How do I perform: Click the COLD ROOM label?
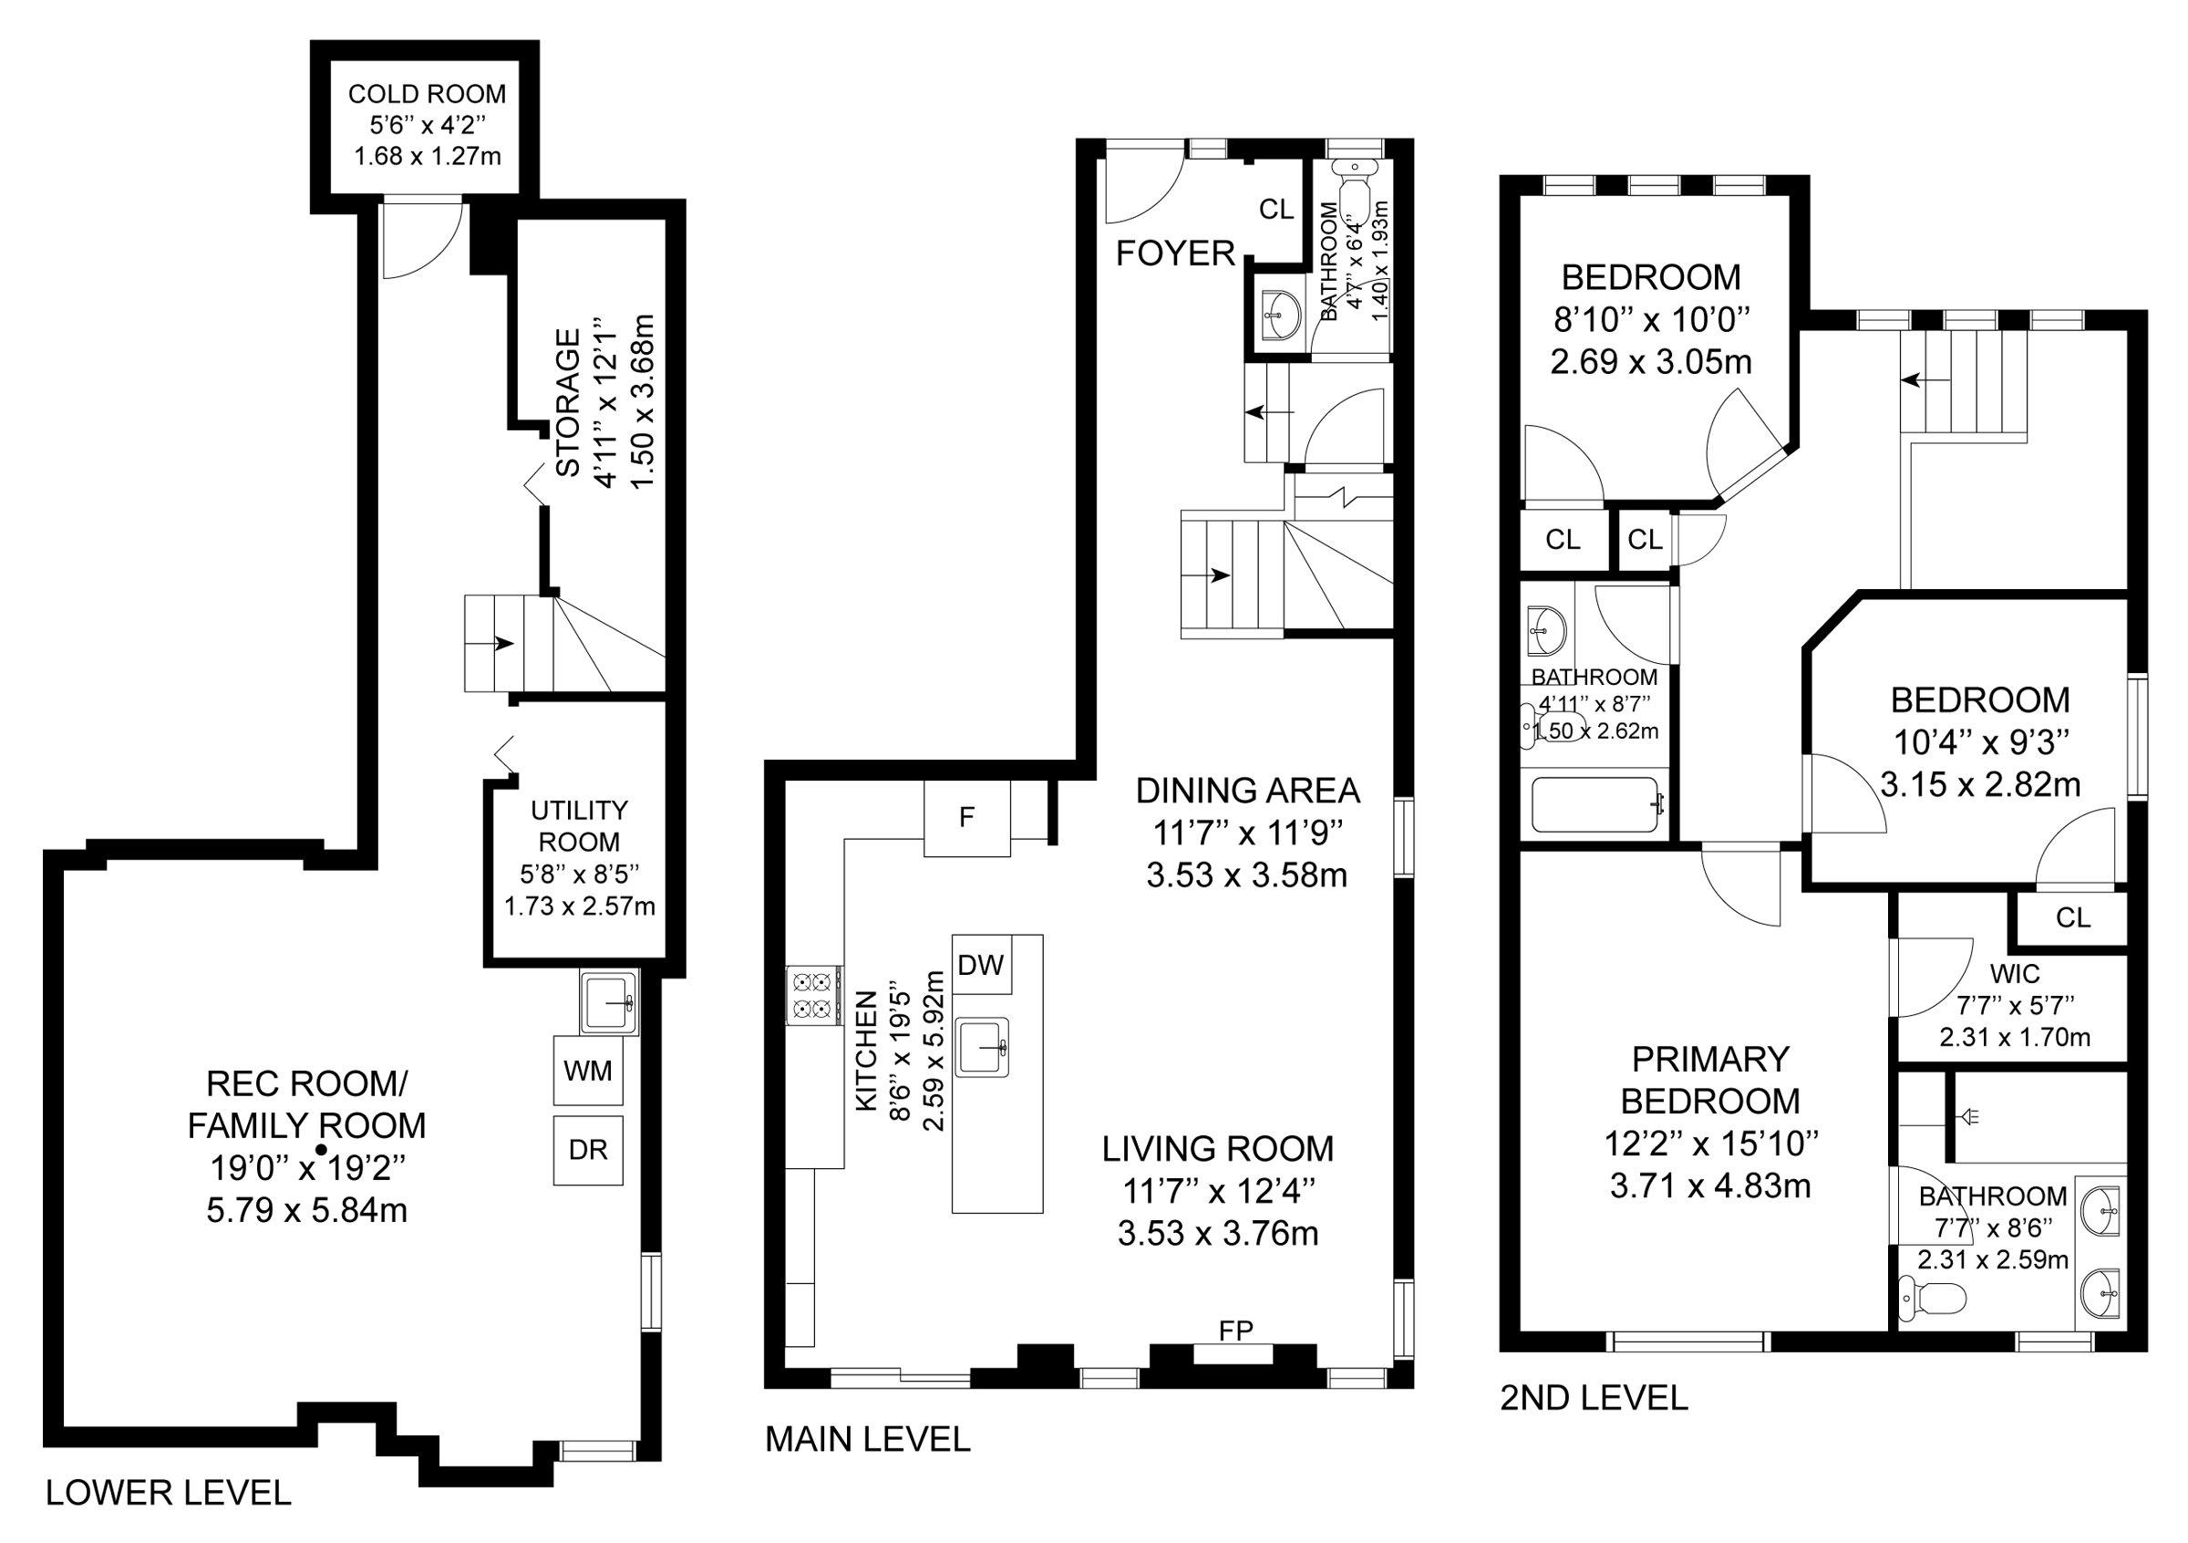(x=427, y=93)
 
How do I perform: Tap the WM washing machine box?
(x=588, y=1072)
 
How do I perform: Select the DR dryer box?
(x=588, y=1150)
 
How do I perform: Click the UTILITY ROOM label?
(x=580, y=825)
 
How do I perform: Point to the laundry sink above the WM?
(x=608, y=1002)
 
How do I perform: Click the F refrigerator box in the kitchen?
(x=967, y=818)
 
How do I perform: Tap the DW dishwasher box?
(x=982, y=965)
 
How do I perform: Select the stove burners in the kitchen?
(x=813, y=995)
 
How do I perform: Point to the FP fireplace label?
(x=1236, y=1331)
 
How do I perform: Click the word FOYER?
(x=1176, y=254)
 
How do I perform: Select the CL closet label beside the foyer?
(x=1277, y=210)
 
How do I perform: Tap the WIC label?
(x=2016, y=974)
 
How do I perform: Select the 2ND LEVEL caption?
(x=1595, y=1398)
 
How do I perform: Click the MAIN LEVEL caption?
(x=868, y=1439)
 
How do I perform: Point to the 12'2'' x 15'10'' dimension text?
(x=1711, y=1143)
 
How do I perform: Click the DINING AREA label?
(x=1248, y=790)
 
